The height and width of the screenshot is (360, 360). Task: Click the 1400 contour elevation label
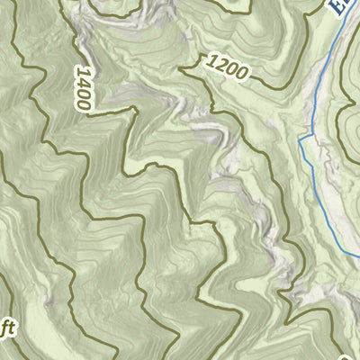[84, 88]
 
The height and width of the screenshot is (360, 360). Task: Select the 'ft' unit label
[6, 330]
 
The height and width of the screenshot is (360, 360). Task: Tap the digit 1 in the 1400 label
[80, 71]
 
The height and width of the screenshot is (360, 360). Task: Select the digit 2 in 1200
[219, 62]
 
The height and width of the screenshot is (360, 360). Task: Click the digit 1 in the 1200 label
[211, 60]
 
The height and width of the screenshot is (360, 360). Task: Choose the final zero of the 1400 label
[86, 104]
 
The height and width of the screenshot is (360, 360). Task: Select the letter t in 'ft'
[10, 329]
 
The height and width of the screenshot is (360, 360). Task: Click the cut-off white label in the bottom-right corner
[353, 346]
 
